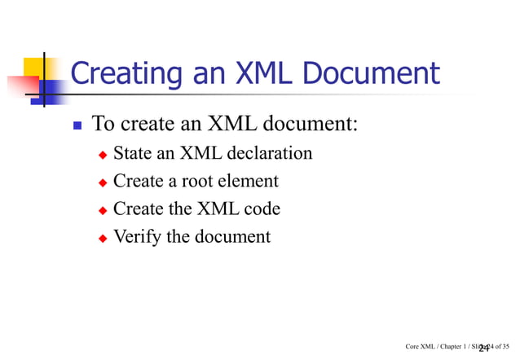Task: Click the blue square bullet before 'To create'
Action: (77, 127)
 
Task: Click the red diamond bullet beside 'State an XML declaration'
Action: (103, 155)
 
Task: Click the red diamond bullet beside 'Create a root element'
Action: (103, 182)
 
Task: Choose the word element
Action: (246, 181)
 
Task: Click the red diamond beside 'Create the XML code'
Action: (103, 210)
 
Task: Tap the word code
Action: (262, 209)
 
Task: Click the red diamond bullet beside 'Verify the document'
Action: (103, 239)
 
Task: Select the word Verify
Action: (135, 237)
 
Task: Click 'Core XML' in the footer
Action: (421, 347)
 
